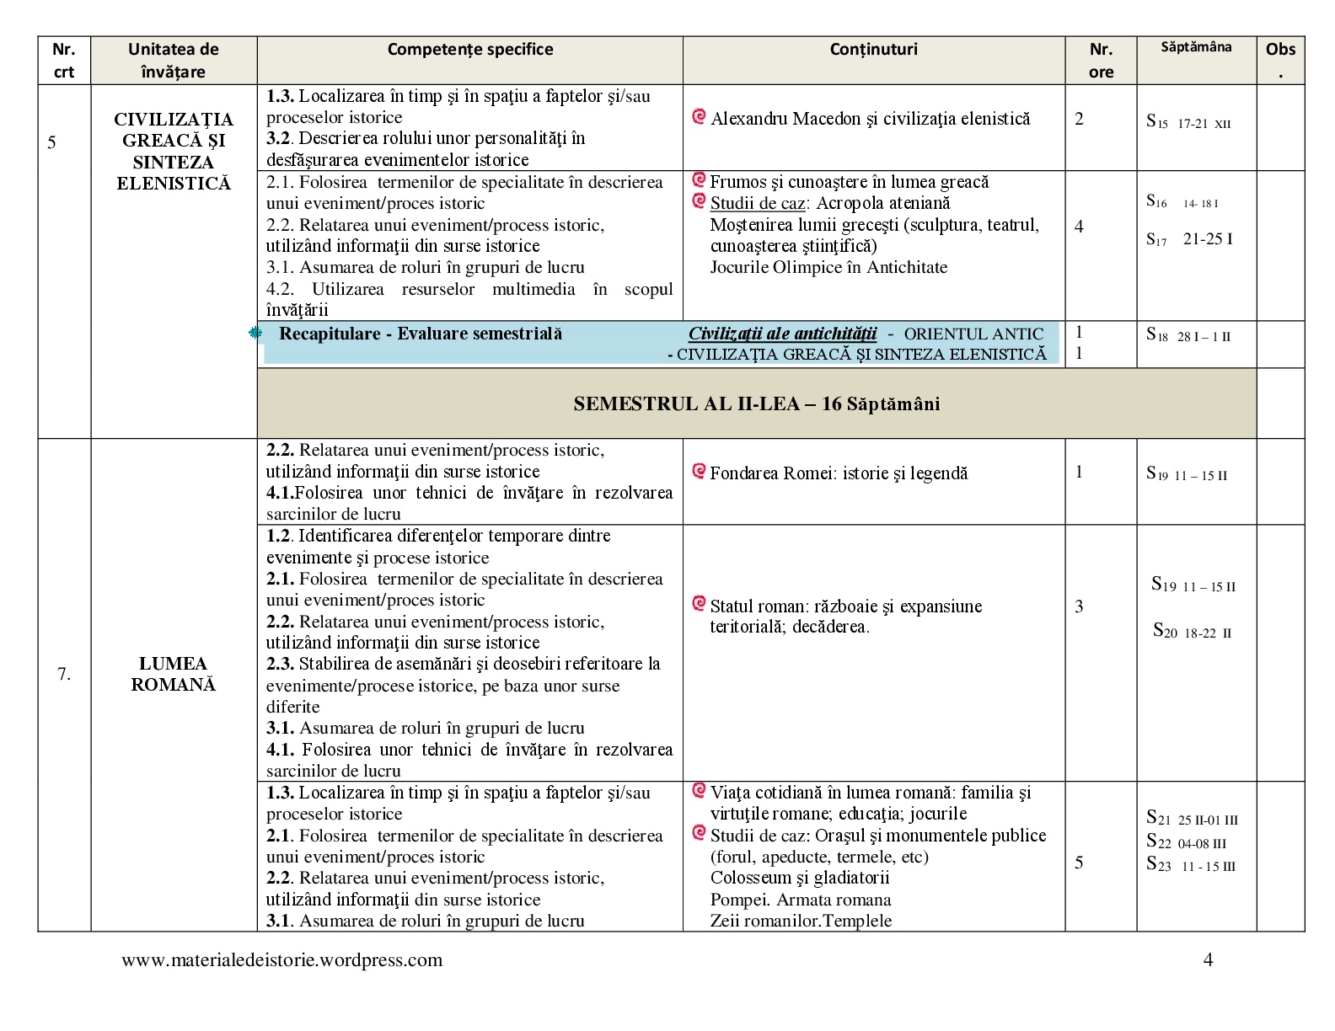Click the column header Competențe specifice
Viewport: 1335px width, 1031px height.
pyautogui.click(x=469, y=50)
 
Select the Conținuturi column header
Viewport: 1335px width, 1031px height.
pyautogui.click(x=873, y=50)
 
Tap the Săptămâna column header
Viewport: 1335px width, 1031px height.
pyautogui.click(x=1195, y=47)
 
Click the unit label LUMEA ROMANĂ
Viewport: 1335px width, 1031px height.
pyautogui.click(x=173, y=674)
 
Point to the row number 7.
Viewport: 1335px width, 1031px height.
pyautogui.click(x=63, y=674)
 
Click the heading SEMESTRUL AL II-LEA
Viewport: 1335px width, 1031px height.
pyautogui.click(x=756, y=404)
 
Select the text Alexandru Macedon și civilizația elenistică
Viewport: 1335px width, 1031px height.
pyautogui.click(x=870, y=119)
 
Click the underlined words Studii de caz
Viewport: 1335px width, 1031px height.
pyautogui.click(x=757, y=203)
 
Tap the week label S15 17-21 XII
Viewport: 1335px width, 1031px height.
pyautogui.click(x=1188, y=122)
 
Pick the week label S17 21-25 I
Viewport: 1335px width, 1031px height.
pyautogui.click(x=1189, y=239)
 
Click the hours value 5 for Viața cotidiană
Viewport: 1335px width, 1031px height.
pyautogui.click(x=1079, y=863)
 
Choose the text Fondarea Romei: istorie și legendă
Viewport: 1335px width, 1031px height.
pyautogui.click(x=839, y=473)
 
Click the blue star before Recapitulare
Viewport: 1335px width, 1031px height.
pyautogui.click(x=255, y=334)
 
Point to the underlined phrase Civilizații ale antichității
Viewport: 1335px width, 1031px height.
pyautogui.click(x=782, y=334)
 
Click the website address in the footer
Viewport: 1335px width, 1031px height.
pyautogui.click(x=281, y=960)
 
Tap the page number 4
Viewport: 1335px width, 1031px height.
pyautogui.click(x=1208, y=960)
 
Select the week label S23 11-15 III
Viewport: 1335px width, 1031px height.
pyautogui.click(x=1190, y=865)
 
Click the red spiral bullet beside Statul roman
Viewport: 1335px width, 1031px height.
pyautogui.click(x=699, y=603)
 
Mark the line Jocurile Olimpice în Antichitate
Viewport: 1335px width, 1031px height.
pyautogui.click(x=828, y=267)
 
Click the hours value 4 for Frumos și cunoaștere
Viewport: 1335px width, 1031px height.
pyautogui.click(x=1079, y=226)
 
